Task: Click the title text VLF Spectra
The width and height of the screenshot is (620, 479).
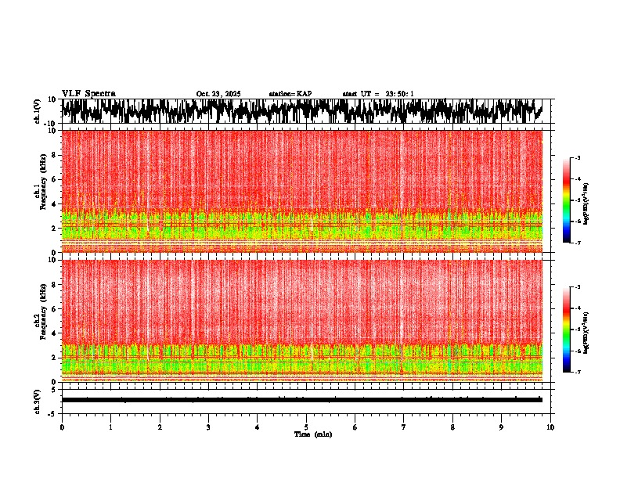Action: (88, 93)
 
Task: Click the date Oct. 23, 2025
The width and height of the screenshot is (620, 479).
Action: (218, 94)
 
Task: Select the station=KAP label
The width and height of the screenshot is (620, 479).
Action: (290, 94)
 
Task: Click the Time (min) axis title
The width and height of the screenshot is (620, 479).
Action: (312, 434)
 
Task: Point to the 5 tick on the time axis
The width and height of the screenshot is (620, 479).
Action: (306, 427)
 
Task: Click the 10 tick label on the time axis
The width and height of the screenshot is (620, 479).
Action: (550, 427)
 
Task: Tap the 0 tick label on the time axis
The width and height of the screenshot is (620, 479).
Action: (62, 427)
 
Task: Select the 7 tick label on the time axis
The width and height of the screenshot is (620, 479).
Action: (404, 427)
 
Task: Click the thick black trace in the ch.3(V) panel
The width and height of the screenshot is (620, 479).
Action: (301, 400)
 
